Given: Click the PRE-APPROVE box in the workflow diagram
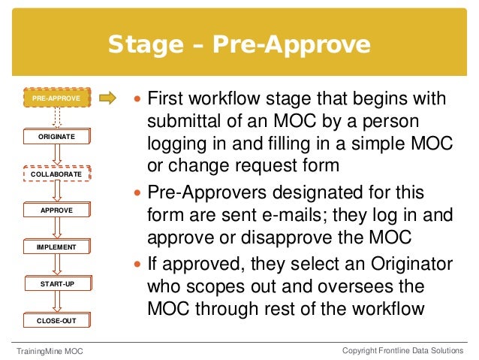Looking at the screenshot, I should click(x=56, y=98).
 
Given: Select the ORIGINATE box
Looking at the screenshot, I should click(x=56, y=137).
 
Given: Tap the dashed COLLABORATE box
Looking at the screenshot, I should click(x=56, y=174).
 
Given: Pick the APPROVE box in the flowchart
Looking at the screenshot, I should click(x=56, y=210).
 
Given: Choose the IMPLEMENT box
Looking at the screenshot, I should click(x=56, y=247).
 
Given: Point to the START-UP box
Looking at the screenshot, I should click(x=56, y=283).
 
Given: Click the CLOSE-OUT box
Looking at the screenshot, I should click(x=56, y=320).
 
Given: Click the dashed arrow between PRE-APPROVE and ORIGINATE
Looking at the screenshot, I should click(x=57, y=117).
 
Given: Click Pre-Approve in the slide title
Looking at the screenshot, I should click(x=291, y=46).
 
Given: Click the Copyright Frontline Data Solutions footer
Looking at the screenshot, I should click(x=402, y=351).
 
